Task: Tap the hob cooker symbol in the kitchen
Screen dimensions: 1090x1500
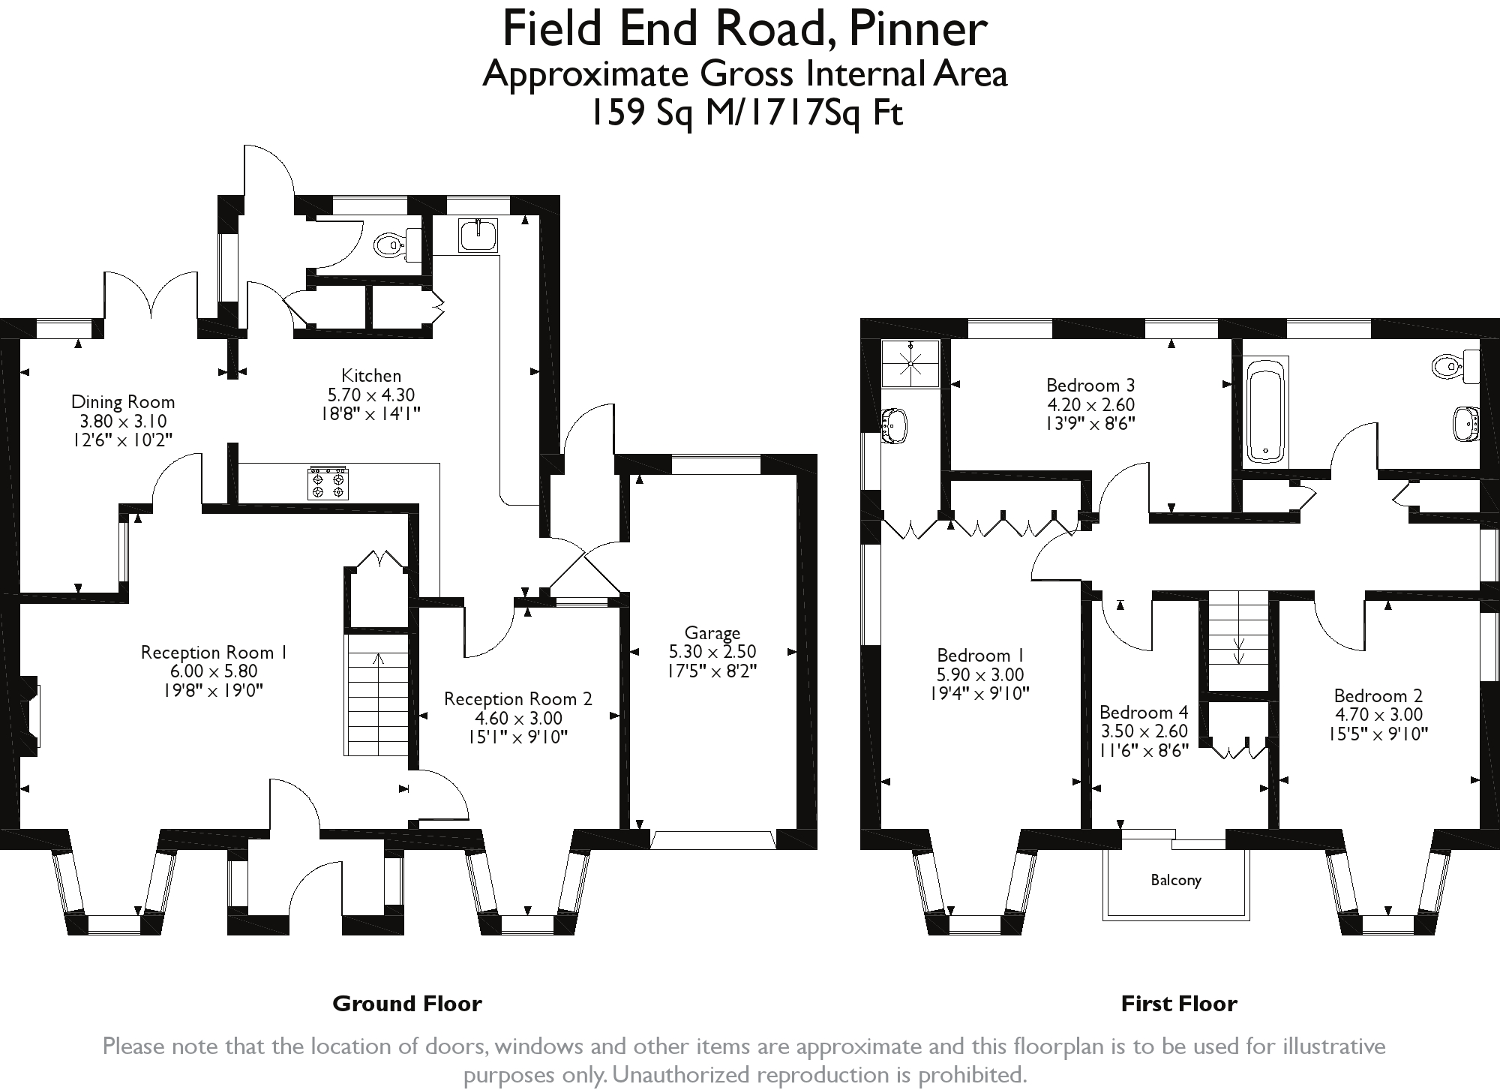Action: (x=328, y=483)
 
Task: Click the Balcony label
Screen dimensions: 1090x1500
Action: (x=1176, y=880)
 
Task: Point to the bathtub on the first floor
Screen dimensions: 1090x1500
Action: (x=1266, y=411)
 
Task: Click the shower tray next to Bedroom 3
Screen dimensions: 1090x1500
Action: (x=910, y=363)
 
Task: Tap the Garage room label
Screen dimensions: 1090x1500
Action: (x=712, y=633)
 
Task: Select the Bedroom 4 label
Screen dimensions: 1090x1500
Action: (x=1144, y=712)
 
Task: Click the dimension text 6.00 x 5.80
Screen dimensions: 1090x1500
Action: (x=213, y=671)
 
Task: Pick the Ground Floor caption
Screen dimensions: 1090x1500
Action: (x=406, y=1004)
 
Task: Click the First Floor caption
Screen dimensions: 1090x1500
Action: (x=1178, y=1004)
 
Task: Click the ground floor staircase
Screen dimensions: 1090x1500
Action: (x=377, y=694)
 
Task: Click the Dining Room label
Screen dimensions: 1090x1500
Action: (x=123, y=402)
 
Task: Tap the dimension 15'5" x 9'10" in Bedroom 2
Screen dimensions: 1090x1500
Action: (x=1378, y=734)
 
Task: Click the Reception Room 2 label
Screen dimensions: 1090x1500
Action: (x=517, y=699)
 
